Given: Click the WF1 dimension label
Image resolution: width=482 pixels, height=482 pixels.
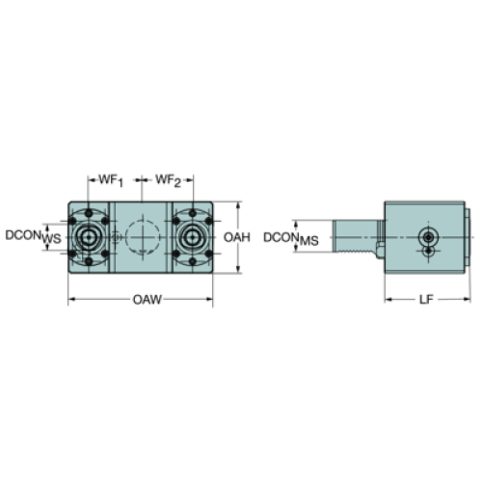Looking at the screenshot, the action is (x=111, y=180).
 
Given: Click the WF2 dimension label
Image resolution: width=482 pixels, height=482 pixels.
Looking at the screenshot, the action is (x=169, y=180).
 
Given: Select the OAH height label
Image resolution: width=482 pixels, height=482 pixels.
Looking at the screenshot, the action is (x=237, y=237).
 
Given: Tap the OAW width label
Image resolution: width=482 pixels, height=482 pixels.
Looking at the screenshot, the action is (x=147, y=300).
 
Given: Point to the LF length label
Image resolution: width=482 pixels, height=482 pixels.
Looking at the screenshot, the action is (x=426, y=300).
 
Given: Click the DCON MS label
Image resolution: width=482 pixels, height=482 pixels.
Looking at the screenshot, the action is (x=291, y=239).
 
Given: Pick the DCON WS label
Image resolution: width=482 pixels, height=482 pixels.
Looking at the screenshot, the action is (x=33, y=236).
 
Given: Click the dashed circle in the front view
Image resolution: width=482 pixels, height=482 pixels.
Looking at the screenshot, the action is (x=143, y=237).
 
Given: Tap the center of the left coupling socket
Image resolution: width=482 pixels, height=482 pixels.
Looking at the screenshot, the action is (x=88, y=237).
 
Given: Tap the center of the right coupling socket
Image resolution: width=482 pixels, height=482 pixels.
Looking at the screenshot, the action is (x=192, y=237).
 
